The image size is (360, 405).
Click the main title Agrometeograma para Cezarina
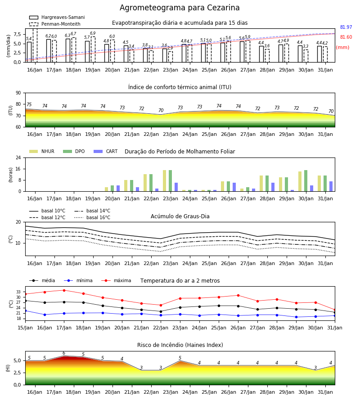tap(180, 8)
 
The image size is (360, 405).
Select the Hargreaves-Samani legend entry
tap(57, 17)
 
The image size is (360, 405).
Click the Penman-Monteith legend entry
tap(55, 24)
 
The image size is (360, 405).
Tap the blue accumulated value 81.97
tap(346, 27)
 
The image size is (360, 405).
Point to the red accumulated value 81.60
tap(346, 37)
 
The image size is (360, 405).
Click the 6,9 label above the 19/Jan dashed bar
tap(93, 33)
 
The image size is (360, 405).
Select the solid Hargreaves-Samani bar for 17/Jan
tap(49, 50)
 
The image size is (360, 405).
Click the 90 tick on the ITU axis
tap(18, 93)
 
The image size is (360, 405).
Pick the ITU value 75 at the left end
tap(29, 104)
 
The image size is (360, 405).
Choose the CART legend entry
tap(106, 151)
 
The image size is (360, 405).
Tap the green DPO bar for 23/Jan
tap(171, 181)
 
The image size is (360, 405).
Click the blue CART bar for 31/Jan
tap(331, 186)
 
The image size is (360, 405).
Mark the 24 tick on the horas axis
tap(18, 157)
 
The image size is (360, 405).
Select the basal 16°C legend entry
tap(92, 217)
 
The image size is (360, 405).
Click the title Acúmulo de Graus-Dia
tap(180, 216)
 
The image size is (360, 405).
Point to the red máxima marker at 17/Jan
tap(64, 290)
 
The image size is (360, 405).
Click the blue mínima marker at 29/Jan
tap(296, 317)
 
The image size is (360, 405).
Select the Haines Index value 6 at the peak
tap(64, 353)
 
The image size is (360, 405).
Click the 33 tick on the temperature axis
tap(18, 292)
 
